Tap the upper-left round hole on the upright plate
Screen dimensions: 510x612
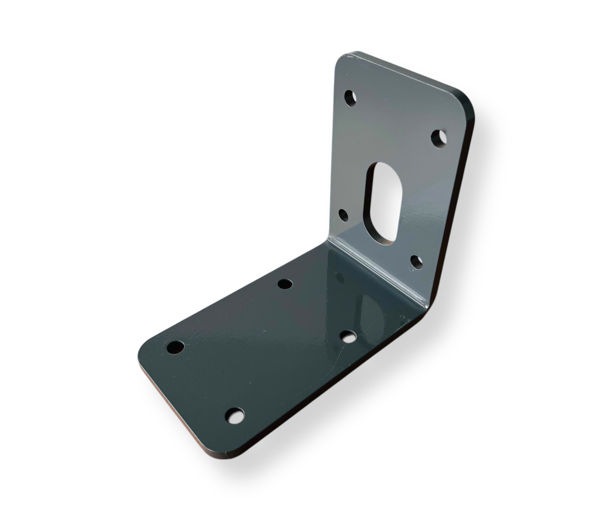click(x=350, y=98)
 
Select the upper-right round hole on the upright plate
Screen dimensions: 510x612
click(x=439, y=138)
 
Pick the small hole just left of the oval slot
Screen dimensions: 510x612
click(x=344, y=215)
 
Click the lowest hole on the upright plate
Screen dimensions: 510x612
click(x=417, y=262)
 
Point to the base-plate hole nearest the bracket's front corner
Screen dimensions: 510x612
click(x=235, y=416)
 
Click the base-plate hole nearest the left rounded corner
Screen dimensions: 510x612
click(x=175, y=347)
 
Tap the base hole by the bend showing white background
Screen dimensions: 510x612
click(x=348, y=337)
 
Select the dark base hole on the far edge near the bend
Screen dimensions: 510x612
click(x=285, y=284)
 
